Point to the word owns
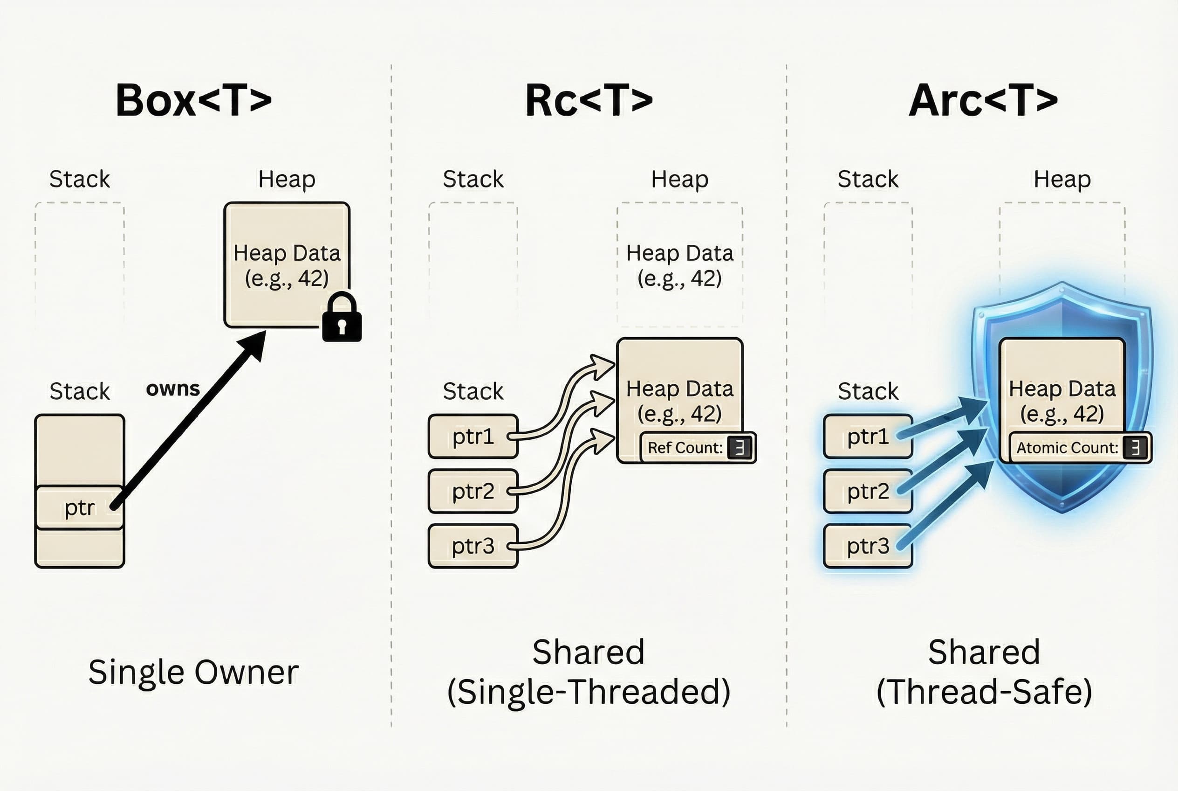[x=173, y=389]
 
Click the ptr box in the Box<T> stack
[x=79, y=507]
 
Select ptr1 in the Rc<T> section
[x=473, y=437]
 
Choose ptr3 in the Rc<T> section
[x=473, y=546]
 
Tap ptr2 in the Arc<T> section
[x=868, y=491]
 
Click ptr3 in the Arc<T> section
[x=868, y=546]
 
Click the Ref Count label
[x=685, y=447]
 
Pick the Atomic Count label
[x=1067, y=447]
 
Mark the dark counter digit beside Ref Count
[x=740, y=447]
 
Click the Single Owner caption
[x=193, y=672]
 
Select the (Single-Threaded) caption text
[x=589, y=692]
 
